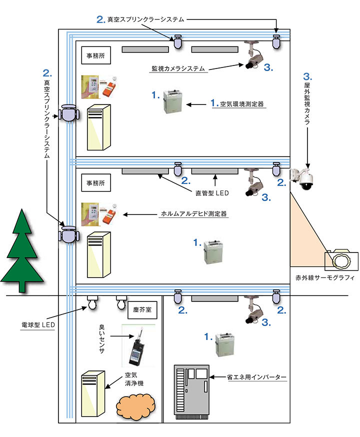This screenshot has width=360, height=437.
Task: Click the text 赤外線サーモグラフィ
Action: (x=324, y=277)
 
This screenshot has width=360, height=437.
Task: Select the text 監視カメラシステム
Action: (x=178, y=69)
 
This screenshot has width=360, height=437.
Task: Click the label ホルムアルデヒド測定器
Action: (x=193, y=214)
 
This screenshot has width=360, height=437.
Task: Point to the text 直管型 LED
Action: (x=212, y=191)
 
